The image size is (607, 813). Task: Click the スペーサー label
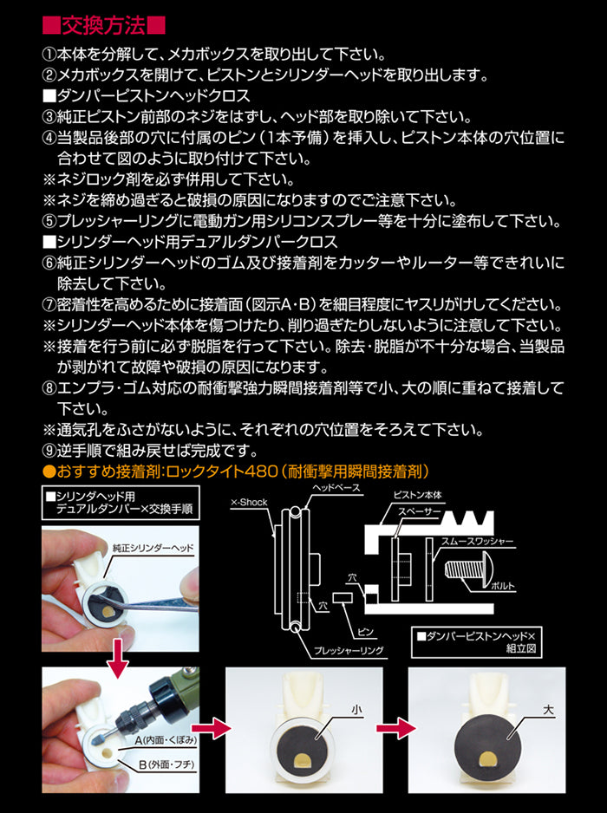click(419, 512)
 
